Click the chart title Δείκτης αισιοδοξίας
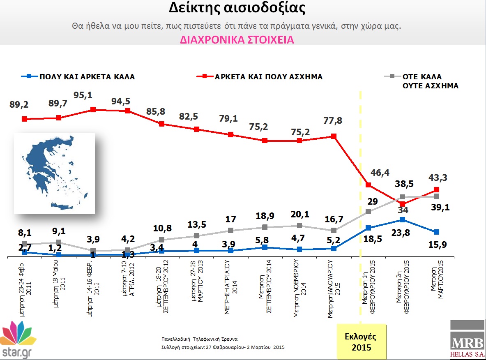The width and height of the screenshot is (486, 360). click(237, 9)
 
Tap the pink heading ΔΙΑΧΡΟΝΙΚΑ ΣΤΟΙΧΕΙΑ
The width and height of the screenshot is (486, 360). click(237, 40)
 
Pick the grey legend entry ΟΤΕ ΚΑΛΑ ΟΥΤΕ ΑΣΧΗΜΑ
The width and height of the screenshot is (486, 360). click(430, 81)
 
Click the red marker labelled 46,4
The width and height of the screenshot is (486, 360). click(369, 185)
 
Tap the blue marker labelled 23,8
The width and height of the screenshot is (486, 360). click(403, 220)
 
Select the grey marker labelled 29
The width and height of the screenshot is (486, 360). click(369, 211)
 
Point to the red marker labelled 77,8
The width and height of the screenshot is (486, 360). click(334, 136)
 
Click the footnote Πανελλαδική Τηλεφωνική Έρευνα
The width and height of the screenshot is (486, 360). click(200, 339)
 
